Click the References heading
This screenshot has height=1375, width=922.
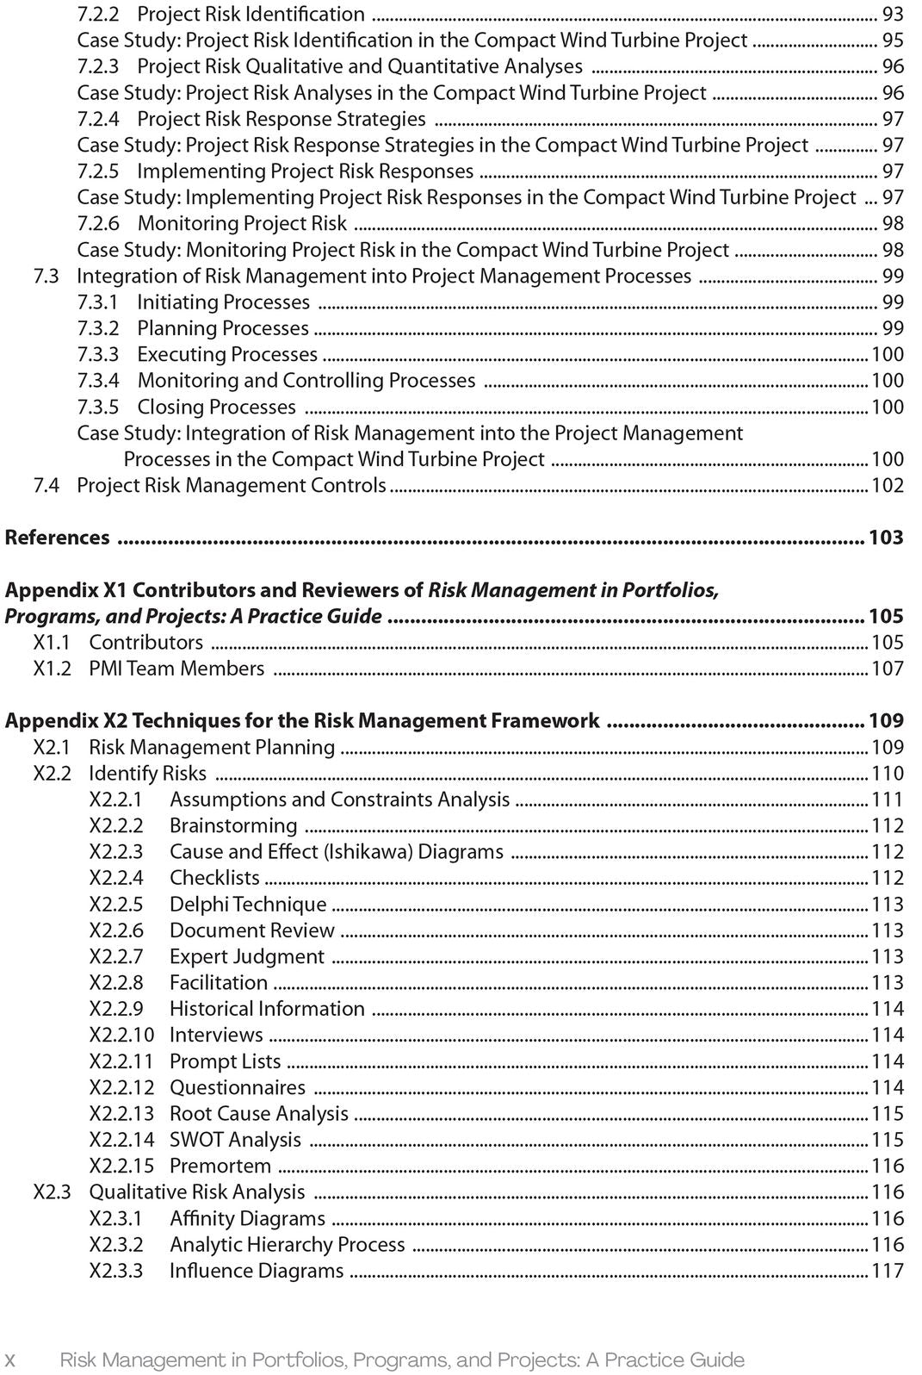click(x=58, y=538)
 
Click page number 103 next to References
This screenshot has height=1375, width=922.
click(x=886, y=538)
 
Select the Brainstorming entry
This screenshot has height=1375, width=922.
click(x=233, y=825)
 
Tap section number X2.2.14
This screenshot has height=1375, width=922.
click(x=121, y=1140)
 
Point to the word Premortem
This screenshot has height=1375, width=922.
click(x=220, y=1166)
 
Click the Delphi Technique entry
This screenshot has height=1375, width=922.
click(x=248, y=904)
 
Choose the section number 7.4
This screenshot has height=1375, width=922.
click(x=46, y=485)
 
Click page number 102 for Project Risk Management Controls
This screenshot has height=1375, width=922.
click(x=888, y=485)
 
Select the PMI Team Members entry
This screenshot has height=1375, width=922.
click(x=176, y=669)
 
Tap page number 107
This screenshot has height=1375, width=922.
click(x=888, y=669)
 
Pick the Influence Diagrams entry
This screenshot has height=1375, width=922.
click(x=257, y=1271)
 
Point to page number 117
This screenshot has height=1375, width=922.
click(x=888, y=1271)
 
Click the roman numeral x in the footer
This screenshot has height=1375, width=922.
click(x=11, y=1360)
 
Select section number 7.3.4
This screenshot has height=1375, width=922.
click(x=98, y=381)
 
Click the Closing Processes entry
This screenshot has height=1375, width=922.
click(x=216, y=407)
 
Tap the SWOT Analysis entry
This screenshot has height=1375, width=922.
click(x=235, y=1140)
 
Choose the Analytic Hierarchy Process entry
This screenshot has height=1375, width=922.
click(x=287, y=1245)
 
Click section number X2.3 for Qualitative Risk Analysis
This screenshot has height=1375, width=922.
click(x=52, y=1192)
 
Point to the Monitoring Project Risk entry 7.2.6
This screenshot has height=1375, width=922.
click(x=242, y=224)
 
